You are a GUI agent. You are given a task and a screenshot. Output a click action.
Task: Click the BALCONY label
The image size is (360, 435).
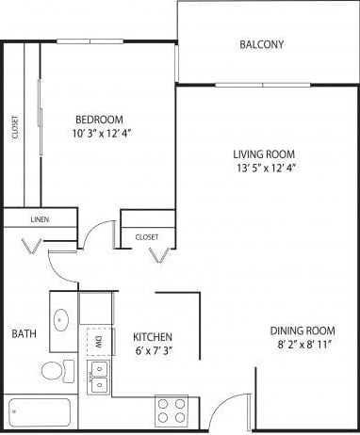click(261, 44)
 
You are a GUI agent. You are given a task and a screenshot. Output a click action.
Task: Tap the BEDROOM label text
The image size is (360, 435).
click(99, 120)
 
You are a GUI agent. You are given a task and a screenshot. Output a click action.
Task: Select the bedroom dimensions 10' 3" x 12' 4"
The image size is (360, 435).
click(99, 134)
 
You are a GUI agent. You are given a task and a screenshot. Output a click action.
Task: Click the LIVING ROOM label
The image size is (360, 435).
click(265, 154)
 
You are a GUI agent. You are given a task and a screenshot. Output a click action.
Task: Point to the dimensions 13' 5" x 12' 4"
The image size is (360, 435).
click(265, 169)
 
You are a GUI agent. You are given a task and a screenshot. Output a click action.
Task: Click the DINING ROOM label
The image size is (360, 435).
click(302, 330)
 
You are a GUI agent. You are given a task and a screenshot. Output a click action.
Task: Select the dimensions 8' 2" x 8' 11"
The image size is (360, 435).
click(302, 346)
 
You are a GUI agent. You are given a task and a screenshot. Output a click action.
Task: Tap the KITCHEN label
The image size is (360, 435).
click(152, 337)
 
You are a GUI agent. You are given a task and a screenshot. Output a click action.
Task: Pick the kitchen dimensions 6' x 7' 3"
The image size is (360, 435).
click(152, 351)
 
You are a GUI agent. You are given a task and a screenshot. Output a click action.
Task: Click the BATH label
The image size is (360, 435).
click(24, 333)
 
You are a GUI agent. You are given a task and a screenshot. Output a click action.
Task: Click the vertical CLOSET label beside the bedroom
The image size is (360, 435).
click(15, 127)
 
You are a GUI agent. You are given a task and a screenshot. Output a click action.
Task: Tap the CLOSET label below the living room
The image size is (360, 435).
click(147, 236)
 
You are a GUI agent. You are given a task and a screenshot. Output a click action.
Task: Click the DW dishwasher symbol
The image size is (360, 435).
click(96, 342)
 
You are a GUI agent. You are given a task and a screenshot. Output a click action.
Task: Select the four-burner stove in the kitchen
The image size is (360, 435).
click(171, 411)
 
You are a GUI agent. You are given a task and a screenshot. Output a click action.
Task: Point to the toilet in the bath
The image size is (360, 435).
click(55, 370)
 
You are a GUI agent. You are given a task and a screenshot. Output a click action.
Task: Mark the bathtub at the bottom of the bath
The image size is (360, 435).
click(40, 411)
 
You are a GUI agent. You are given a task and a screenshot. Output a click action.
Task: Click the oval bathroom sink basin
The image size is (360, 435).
click(62, 319)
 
